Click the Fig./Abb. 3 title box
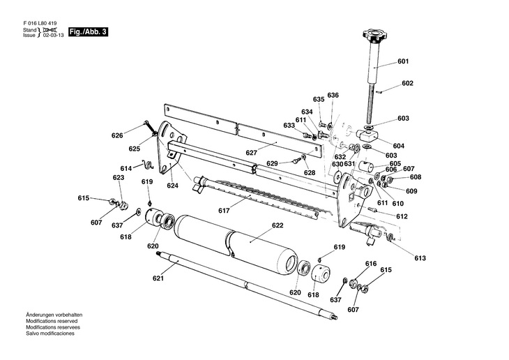tap(88, 32)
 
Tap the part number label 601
tap(403, 61)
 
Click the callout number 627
tap(252, 153)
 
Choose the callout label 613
tap(419, 259)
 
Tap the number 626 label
tap(117, 135)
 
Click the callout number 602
tap(407, 83)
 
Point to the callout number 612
tap(402, 216)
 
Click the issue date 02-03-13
tap(54, 37)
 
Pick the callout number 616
tap(371, 264)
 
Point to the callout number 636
tap(333, 95)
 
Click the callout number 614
tap(126, 169)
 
